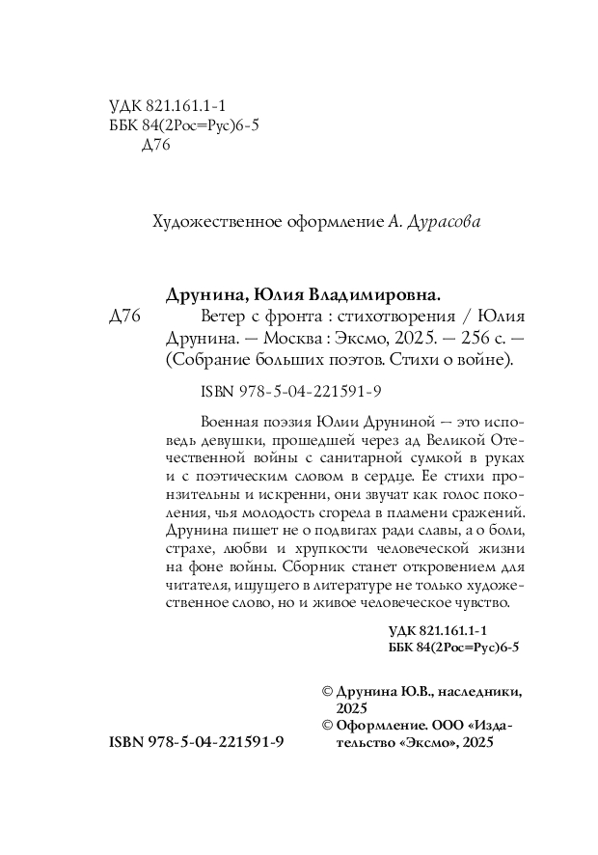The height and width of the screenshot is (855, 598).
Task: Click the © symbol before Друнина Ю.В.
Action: point(326,692)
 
